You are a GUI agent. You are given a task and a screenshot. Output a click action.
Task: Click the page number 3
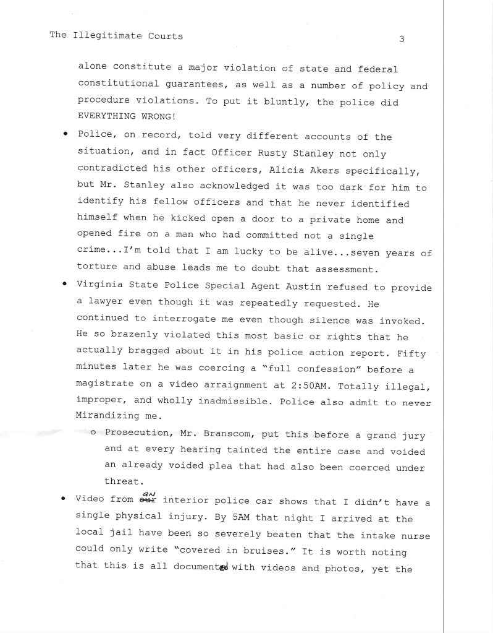[402, 39]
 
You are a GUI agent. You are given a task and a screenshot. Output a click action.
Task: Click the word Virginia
[100, 288]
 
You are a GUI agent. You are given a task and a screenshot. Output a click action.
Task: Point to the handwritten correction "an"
[149, 491]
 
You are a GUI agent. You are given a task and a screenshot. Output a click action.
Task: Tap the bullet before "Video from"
[64, 499]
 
